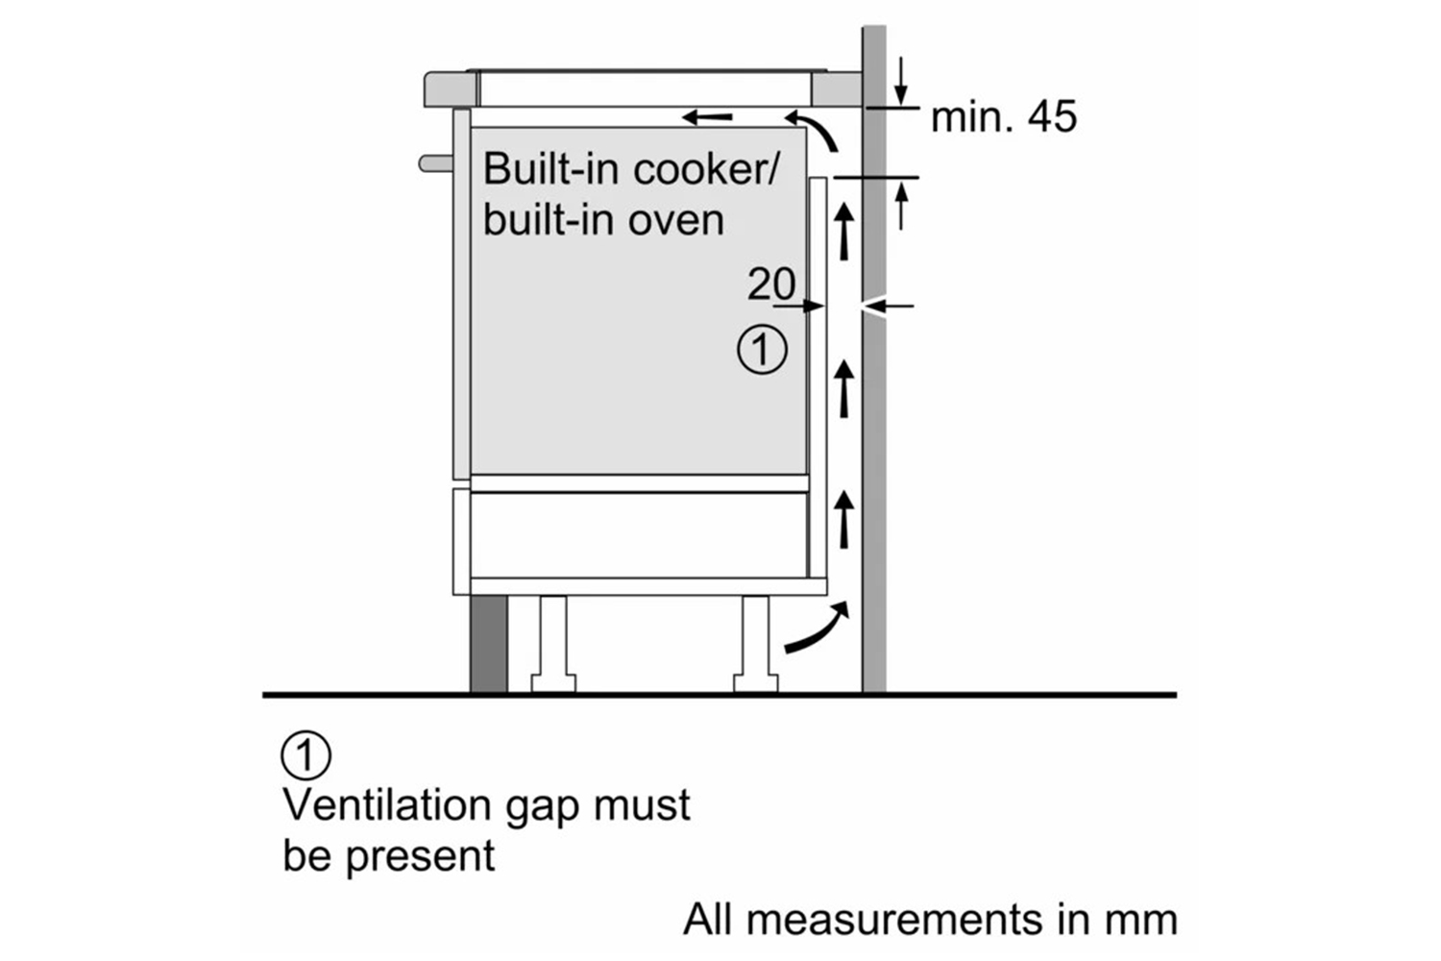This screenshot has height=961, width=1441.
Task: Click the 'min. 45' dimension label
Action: coord(1004,117)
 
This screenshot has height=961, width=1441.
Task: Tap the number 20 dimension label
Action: coord(771,284)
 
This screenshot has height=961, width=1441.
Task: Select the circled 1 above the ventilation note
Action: coord(305,755)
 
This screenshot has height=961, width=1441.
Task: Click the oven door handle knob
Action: coord(434,163)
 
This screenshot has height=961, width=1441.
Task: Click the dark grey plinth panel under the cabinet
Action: coord(488,642)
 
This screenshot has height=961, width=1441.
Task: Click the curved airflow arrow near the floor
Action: coord(818,630)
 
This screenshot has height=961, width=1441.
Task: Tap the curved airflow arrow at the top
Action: coord(813,129)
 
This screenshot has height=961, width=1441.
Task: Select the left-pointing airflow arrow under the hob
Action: coord(707,118)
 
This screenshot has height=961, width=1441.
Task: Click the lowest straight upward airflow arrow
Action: coord(844,519)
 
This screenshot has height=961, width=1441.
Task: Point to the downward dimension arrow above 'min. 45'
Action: coord(901,83)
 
